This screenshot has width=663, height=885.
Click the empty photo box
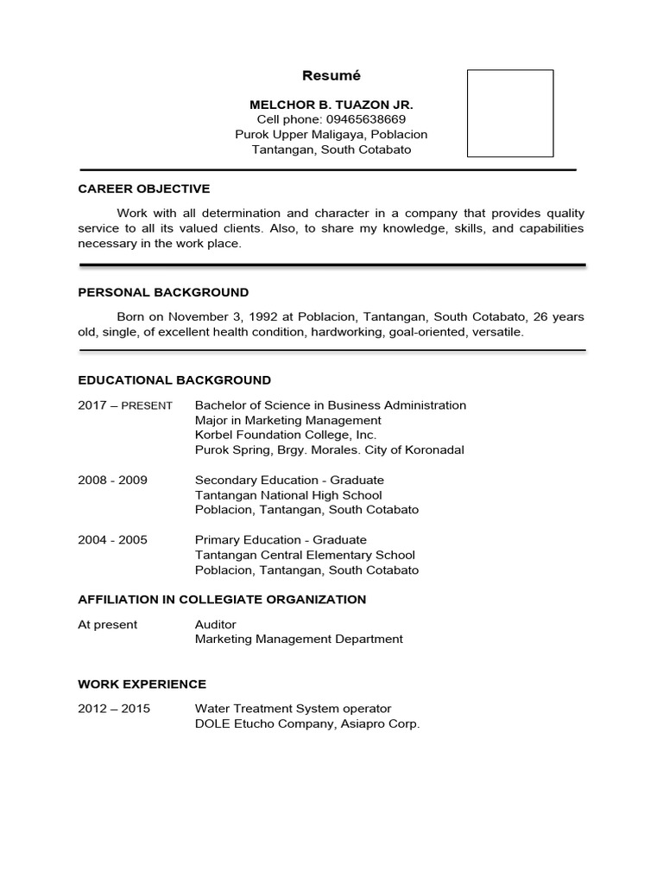tap(510, 113)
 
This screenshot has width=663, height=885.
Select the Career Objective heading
tap(144, 188)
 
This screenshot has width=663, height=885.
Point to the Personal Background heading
tap(163, 292)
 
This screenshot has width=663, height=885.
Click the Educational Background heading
tap(174, 379)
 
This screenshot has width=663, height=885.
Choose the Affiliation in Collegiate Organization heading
tap(222, 599)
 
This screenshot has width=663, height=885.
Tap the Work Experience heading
tap(142, 684)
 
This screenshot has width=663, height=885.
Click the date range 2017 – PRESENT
tap(125, 405)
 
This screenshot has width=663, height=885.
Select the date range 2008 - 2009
tap(112, 480)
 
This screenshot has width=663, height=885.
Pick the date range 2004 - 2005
tap(112, 540)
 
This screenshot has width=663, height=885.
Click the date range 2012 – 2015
tap(114, 709)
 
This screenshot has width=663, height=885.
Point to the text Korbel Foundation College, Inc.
tap(286, 435)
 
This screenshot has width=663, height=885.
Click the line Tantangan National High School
tap(288, 495)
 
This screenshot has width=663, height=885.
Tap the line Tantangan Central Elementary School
tap(305, 555)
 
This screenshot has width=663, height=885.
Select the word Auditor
tap(216, 624)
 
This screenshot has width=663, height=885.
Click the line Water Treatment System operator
tap(294, 709)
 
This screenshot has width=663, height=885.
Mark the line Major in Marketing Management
tap(288, 420)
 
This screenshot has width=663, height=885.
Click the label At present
tap(108, 624)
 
